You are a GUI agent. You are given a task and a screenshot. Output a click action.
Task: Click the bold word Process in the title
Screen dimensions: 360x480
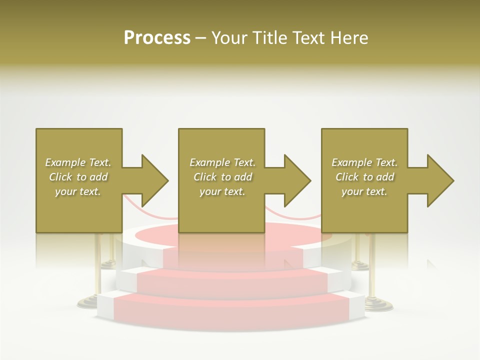pos(157,38)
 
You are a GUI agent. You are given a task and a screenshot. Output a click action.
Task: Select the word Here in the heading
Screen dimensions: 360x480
pos(349,38)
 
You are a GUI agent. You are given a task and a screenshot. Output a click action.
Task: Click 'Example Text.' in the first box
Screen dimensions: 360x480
pos(78,162)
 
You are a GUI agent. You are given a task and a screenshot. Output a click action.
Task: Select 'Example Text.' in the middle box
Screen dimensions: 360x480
pos(222,162)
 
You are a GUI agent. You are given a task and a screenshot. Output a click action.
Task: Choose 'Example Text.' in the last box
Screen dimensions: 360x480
pos(364,162)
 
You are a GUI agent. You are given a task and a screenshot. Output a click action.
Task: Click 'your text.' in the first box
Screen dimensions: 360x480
pos(78,191)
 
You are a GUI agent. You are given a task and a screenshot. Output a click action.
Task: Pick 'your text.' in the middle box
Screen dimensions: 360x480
pos(222,191)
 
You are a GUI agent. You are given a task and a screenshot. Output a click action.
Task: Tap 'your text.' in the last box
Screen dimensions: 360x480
pos(364,191)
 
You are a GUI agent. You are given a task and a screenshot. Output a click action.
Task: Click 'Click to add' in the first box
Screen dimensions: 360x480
pos(78,177)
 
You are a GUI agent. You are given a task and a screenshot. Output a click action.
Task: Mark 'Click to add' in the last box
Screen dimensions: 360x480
pos(364,177)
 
